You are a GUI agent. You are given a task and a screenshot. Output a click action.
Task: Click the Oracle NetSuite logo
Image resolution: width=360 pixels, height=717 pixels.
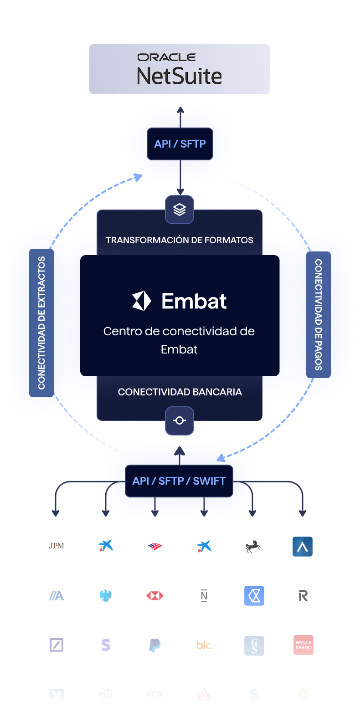click(x=180, y=69)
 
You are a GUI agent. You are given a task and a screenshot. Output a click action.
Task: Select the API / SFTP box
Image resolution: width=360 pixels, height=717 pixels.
click(x=180, y=144)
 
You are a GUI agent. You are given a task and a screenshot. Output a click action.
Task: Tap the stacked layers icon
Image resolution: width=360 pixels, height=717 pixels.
click(x=180, y=210)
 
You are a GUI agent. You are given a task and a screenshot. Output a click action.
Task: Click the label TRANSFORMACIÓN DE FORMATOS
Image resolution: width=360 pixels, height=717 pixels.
click(x=180, y=240)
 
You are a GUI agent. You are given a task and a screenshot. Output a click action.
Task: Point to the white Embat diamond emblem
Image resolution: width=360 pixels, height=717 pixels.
click(x=141, y=301)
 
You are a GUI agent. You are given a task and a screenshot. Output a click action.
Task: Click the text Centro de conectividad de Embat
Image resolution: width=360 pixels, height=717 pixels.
click(x=179, y=340)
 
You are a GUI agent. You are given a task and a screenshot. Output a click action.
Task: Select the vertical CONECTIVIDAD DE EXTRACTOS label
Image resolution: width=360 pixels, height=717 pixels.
click(x=41, y=323)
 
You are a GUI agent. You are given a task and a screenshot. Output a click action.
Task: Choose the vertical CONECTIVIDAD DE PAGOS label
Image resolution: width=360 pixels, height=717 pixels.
click(x=319, y=315)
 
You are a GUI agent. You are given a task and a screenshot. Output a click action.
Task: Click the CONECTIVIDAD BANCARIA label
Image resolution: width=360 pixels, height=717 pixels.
click(x=180, y=392)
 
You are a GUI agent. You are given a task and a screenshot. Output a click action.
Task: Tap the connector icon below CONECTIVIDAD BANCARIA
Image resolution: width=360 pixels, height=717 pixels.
click(x=180, y=420)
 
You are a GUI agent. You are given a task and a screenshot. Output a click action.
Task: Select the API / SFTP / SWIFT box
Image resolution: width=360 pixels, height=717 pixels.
click(x=179, y=481)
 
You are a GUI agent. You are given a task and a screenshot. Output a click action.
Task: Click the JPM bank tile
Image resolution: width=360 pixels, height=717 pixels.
click(x=57, y=546)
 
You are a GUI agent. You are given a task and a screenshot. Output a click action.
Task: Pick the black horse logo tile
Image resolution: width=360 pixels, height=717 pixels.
click(x=253, y=546)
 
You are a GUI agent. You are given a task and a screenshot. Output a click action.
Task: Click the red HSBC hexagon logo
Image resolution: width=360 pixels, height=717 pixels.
click(x=155, y=595)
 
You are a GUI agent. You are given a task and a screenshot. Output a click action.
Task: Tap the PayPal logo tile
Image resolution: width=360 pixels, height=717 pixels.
click(x=155, y=645)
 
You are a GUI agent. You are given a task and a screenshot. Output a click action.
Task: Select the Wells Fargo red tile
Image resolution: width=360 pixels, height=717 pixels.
click(x=303, y=645)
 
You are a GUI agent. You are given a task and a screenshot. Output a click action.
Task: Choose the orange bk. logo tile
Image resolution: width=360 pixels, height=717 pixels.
click(x=204, y=645)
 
